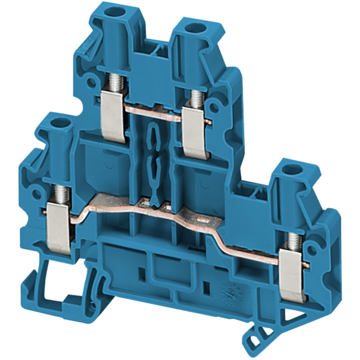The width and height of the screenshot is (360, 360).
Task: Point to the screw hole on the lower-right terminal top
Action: coord(292,169)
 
